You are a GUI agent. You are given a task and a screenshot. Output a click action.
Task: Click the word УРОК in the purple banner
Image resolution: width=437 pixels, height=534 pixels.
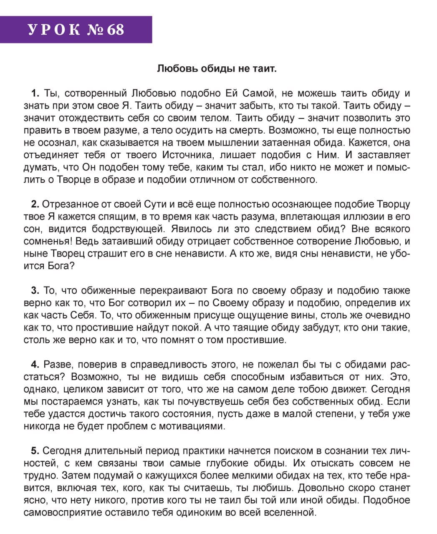point(53,30)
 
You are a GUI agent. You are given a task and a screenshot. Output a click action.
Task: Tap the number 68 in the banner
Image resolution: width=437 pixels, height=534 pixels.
point(115,30)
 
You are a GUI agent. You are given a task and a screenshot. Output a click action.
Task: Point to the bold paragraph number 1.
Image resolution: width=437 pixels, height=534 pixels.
point(35,93)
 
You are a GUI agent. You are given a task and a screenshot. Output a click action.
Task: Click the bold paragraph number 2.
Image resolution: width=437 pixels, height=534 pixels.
point(35,204)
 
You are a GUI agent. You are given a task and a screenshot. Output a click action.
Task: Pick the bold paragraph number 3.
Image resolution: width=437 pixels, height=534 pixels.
point(35,291)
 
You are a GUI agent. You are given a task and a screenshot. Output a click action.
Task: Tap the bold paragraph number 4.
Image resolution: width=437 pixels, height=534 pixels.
point(35,365)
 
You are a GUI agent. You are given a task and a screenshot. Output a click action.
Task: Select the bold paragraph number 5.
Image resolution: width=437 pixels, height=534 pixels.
point(35,451)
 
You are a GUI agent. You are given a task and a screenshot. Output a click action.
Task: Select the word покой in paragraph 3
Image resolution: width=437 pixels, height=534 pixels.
point(216,328)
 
